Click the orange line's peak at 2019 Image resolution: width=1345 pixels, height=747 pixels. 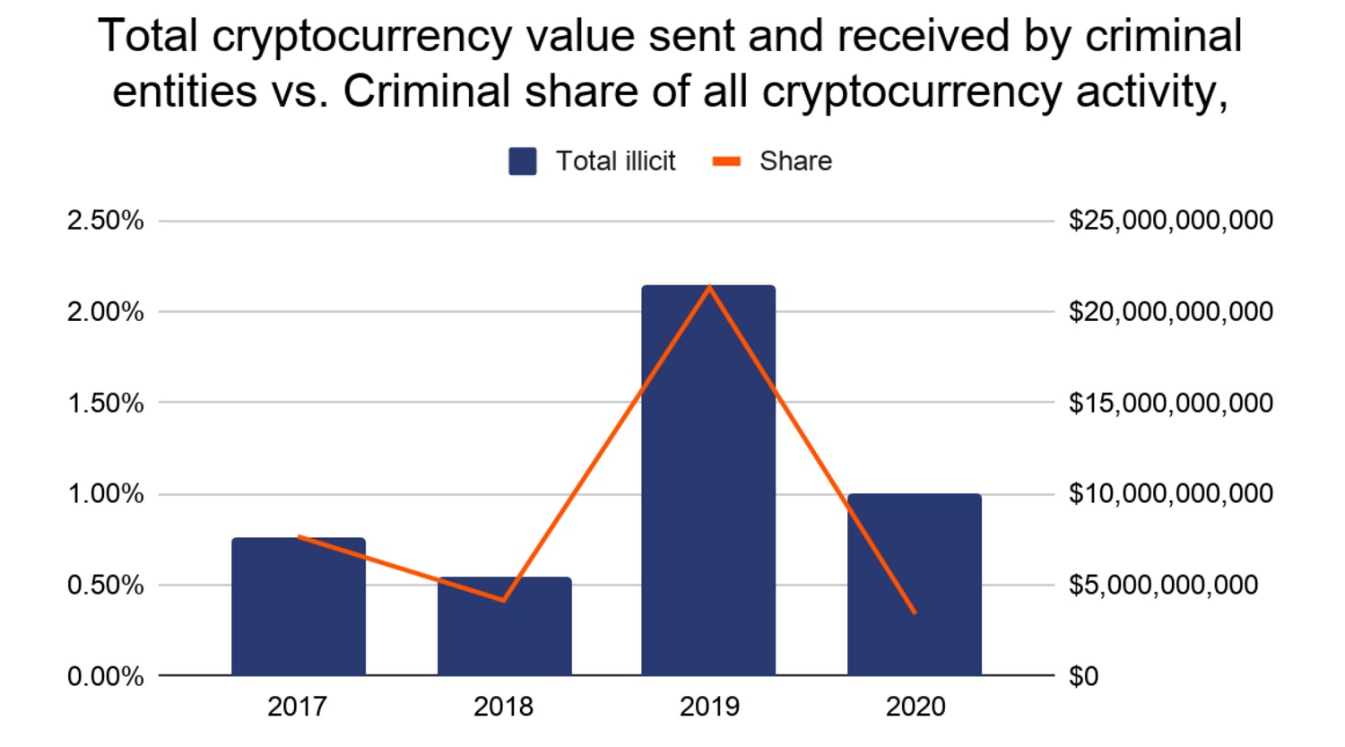click(709, 287)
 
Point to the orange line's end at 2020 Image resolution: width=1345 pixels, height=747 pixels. click(915, 612)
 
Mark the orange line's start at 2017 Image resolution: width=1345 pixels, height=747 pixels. click(299, 536)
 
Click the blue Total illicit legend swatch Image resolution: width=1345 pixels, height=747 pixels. click(523, 161)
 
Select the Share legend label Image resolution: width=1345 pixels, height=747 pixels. click(795, 161)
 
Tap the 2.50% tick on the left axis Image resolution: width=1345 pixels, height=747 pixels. click(105, 221)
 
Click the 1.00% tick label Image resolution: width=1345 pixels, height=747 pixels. click(105, 494)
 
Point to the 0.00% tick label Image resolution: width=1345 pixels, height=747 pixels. click(105, 676)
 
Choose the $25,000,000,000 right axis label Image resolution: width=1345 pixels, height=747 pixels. click(1170, 221)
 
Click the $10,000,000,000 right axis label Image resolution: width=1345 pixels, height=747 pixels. click(1170, 494)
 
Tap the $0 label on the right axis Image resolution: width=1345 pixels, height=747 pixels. click(1083, 676)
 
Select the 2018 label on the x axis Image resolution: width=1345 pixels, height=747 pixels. click(504, 707)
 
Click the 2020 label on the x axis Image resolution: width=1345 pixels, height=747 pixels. click(915, 707)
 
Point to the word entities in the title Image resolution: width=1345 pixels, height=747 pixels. click(185, 91)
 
